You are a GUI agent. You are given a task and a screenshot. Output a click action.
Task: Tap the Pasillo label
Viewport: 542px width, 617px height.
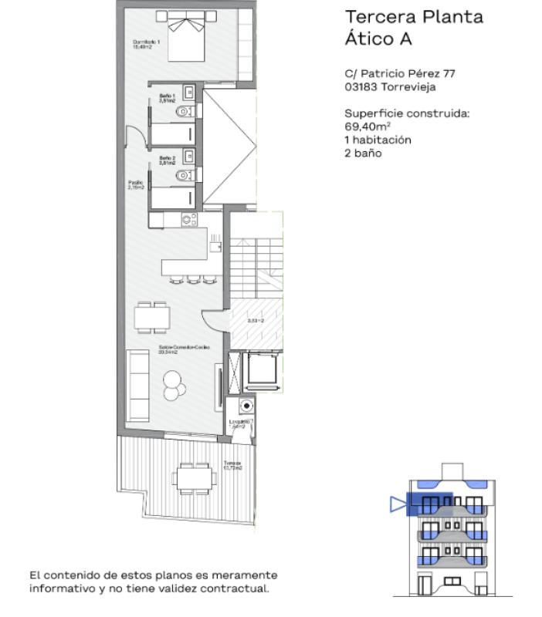[135, 184]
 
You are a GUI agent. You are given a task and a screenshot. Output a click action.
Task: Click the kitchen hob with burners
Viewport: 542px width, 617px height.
[189, 220]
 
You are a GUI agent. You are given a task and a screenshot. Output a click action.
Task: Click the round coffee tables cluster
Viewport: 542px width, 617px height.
[174, 383]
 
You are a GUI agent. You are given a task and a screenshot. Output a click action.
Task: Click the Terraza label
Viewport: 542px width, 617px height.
[232, 465]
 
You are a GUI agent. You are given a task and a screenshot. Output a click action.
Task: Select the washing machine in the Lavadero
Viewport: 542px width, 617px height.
[246, 405]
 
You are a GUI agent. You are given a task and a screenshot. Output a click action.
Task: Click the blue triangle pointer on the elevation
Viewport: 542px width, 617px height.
[398, 504]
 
